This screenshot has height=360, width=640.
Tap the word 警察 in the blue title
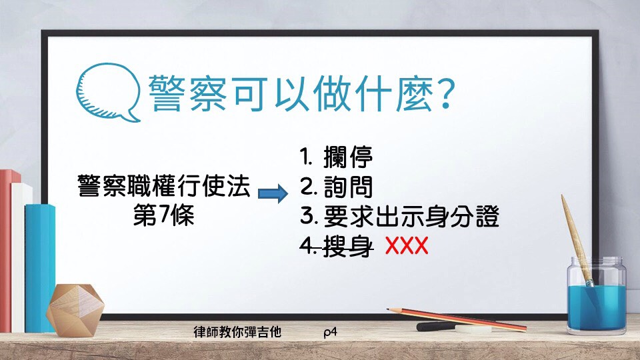pyautogui.click(x=187, y=93)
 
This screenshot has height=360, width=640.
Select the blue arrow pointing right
pyautogui.click(x=273, y=193)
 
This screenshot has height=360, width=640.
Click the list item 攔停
pyautogui.click(x=348, y=157)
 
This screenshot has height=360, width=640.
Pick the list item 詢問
pyautogui.click(x=348, y=187)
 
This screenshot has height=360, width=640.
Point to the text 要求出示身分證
pyautogui.click(x=411, y=216)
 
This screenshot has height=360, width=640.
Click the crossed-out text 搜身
pyautogui.click(x=348, y=246)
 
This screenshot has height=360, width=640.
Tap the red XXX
pyautogui.click(x=407, y=246)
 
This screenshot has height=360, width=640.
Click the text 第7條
pyautogui.click(x=164, y=215)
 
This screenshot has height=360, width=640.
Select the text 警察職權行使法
pyautogui.click(x=164, y=186)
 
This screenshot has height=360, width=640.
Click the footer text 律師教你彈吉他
pyautogui.click(x=237, y=332)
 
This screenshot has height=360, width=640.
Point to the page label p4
pyautogui.click(x=330, y=332)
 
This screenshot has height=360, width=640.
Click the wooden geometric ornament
pyautogui.click(x=75, y=310)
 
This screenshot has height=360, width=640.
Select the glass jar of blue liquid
pyautogui.click(x=597, y=295)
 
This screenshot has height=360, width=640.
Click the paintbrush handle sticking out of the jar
pyautogui.click(x=575, y=237)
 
